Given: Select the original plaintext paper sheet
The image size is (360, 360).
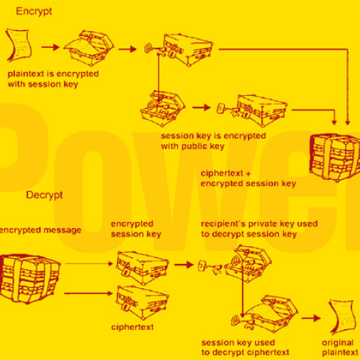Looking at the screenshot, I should click(342, 312).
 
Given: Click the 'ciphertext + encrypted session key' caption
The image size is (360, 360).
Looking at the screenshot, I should click(248, 178).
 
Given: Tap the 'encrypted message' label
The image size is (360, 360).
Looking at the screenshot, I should click(40, 230).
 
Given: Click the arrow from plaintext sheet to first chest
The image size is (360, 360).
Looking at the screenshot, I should click(50, 47).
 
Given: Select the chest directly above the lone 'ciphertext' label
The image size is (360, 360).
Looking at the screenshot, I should click(141, 299).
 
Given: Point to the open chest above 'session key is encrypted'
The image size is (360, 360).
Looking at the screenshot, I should click(162, 106).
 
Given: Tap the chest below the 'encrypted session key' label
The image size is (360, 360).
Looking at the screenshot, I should click(142, 265).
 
